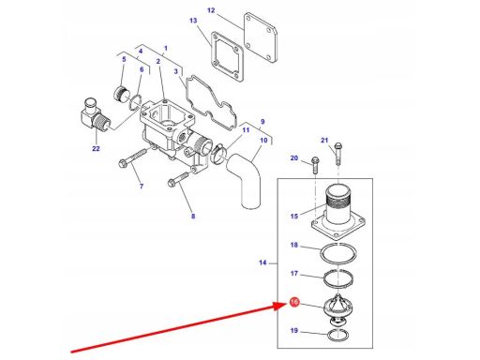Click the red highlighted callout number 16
(294, 302)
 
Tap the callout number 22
(96, 148)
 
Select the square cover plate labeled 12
(261, 38)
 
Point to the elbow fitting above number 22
(94, 115)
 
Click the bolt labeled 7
(132, 157)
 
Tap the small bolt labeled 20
(315, 165)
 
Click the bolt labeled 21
(337, 154)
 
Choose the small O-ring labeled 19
(338, 336)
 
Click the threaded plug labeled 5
(122, 94)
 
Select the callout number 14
(262, 262)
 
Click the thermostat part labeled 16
(338, 308)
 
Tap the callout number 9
(262, 122)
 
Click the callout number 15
(294, 216)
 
